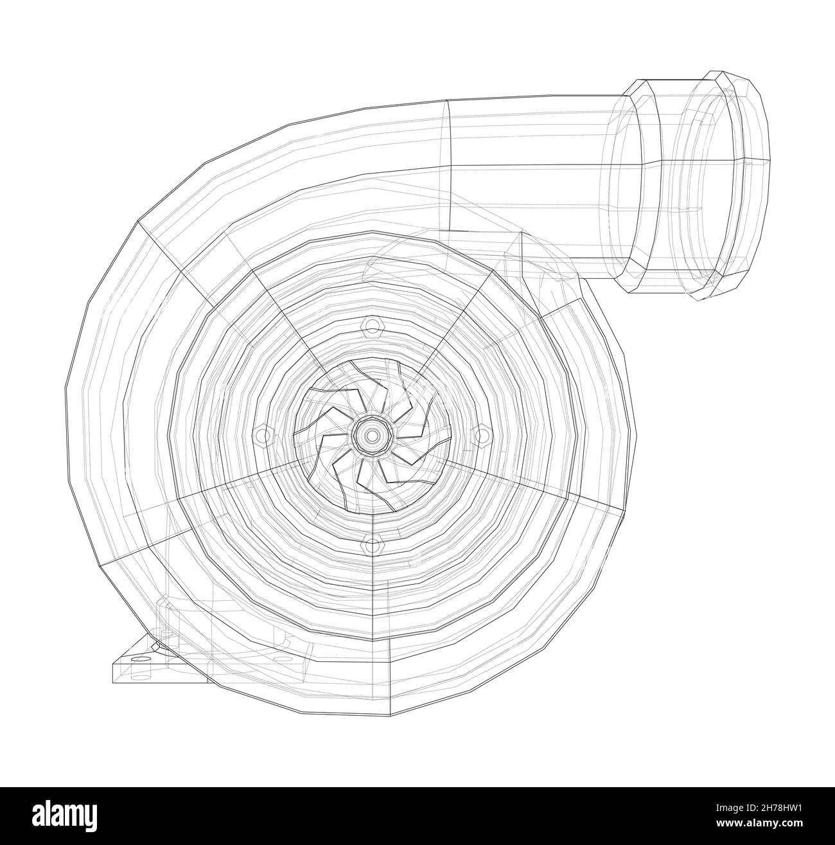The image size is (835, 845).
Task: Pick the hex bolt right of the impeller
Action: coord(480,434)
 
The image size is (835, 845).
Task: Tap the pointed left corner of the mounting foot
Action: coord(113,662)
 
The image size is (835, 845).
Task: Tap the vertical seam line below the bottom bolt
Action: coord(390,643)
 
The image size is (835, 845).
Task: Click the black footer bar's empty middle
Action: coord(418,816)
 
